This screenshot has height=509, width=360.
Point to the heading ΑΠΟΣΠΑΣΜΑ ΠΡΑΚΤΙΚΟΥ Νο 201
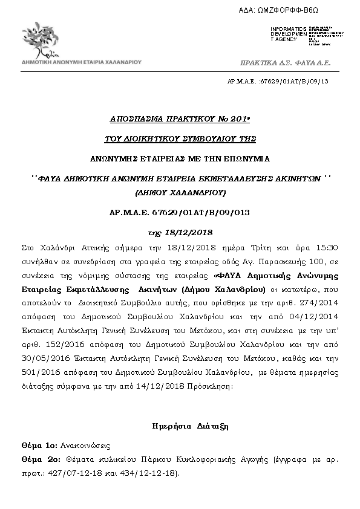coord(179,120)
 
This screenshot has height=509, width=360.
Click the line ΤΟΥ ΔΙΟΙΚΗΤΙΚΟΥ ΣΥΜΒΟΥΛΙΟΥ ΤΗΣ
coord(179,139)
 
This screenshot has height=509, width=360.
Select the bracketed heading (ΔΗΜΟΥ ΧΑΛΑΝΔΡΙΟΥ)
coord(180,193)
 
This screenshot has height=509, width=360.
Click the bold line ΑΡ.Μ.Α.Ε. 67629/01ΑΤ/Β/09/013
coord(180,213)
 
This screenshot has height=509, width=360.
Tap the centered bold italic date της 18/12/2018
coord(180,232)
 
